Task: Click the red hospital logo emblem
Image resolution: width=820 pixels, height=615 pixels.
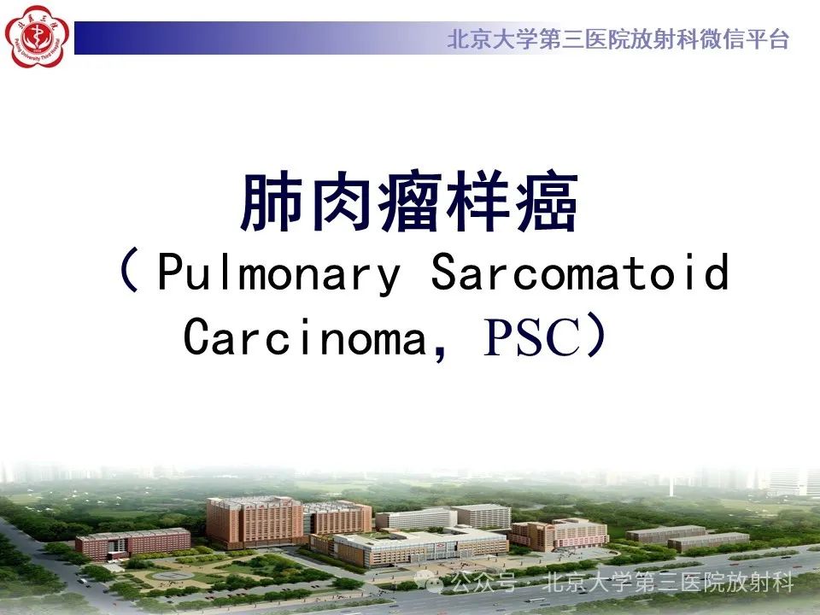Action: (x=37, y=37)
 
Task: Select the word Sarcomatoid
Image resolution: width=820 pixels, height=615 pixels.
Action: (x=580, y=271)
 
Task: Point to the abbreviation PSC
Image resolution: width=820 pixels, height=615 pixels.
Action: (x=532, y=337)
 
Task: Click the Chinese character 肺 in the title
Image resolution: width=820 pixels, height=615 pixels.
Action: (x=272, y=202)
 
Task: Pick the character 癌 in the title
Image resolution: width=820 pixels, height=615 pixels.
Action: (x=547, y=202)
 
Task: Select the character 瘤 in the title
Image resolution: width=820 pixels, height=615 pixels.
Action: (x=409, y=202)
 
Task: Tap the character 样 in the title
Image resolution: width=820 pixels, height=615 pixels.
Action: (x=478, y=202)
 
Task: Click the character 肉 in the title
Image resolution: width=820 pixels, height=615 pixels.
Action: (x=341, y=202)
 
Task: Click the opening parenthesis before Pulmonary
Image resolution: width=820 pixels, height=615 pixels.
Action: (x=130, y=271)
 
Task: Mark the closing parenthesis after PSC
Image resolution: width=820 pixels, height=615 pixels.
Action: (x=596, y=335)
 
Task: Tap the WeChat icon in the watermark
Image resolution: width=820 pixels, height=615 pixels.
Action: (x=429, y=581)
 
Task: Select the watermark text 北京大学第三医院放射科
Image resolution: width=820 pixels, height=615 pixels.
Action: (x=667, y=582)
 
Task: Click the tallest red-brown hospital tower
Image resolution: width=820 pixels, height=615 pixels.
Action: (x=255, y=521)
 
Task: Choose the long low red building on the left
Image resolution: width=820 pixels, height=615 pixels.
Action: (x=133, y=543)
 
